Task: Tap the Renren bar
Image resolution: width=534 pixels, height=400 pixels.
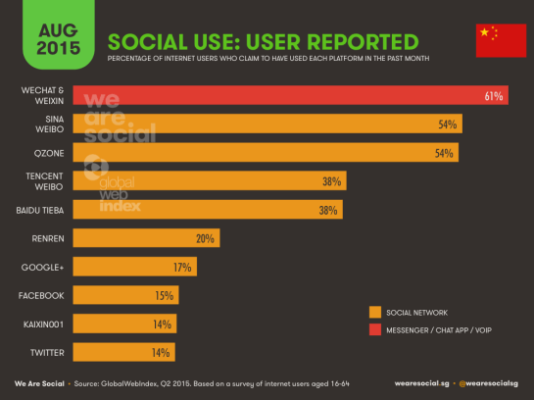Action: pos(146,238)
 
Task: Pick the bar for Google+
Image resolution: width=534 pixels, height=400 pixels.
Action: pos(135,267)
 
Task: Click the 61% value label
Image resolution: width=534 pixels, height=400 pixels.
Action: pos(493,96)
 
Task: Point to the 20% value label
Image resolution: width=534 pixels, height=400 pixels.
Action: pos(205,238)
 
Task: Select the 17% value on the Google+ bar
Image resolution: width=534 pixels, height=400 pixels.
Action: pos(183,267)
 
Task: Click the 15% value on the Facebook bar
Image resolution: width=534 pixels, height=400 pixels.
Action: pos(164,295)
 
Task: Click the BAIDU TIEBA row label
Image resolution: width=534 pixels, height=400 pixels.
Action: pos(40,210)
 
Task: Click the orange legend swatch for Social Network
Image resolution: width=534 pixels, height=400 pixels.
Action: pos(374,313)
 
